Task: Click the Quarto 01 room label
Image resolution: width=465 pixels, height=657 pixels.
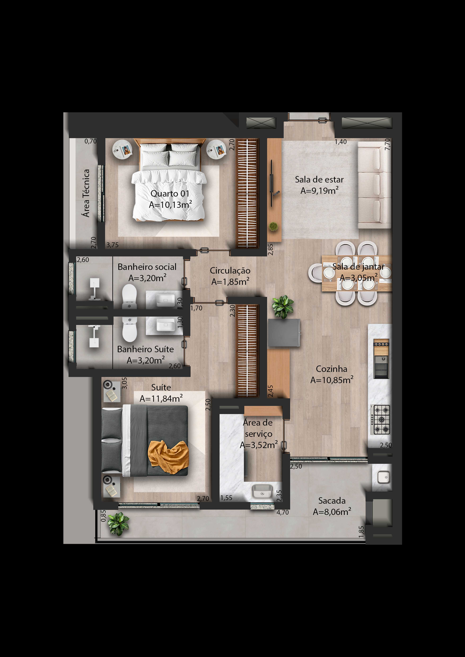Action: pos(170,194)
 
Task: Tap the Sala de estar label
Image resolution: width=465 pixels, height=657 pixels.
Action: pos(319,180)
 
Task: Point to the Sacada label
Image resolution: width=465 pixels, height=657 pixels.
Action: pos(332,501)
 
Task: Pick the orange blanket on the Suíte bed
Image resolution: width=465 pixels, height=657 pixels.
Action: pos(168,457)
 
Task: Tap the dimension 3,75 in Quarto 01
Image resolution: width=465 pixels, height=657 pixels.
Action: pos(113,245)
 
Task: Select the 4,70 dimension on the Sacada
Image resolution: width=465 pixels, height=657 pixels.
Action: pos(283,513)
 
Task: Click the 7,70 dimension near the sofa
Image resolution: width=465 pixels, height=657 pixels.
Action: pos(387,144)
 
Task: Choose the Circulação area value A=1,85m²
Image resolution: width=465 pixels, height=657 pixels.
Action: pos(230,282)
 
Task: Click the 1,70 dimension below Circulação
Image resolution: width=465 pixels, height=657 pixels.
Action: pos(196,308)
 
